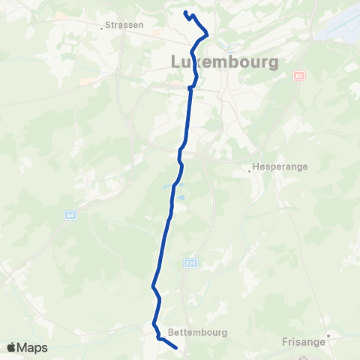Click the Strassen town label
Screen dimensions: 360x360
tap(124, 25)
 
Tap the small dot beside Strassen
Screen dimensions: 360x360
tap(103, 28)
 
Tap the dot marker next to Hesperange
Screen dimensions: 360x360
tap(250, 170)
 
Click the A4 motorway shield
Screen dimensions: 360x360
tap(70, 215)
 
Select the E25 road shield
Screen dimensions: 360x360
tap(190, 263)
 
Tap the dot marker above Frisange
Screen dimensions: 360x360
tap(328, 336)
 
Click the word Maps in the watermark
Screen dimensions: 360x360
tap(33, 348)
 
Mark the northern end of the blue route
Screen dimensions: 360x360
tap(184, 12)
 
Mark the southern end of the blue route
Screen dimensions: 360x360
tap(175, 347)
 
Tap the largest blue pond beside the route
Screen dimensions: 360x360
tap(165, 187)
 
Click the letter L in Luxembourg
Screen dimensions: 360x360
tap(178, 61)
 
